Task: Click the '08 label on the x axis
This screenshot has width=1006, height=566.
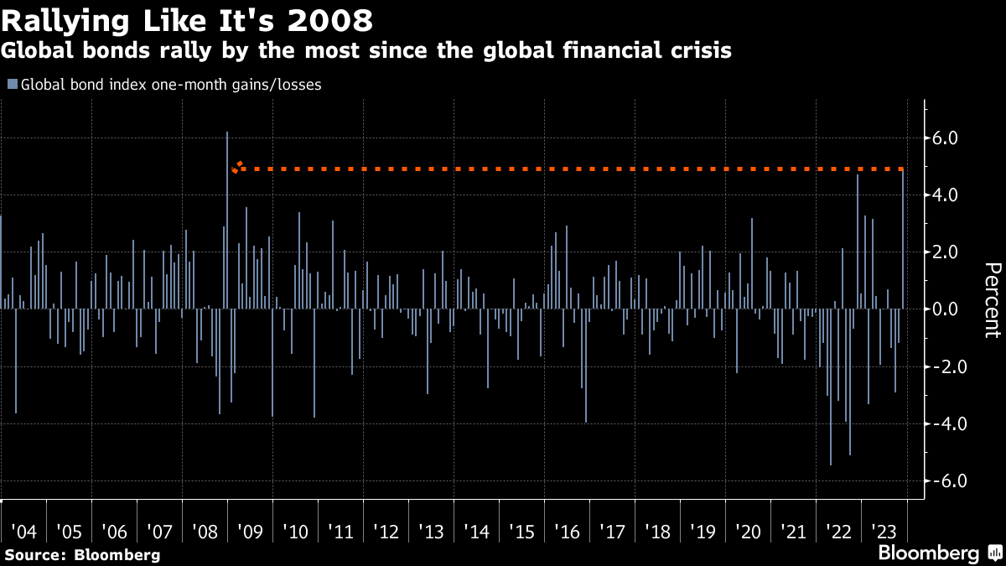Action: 205,532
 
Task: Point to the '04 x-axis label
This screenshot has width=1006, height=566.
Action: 23,532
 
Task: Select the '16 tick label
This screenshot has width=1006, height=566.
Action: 567,532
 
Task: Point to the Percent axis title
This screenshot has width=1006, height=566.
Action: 991,299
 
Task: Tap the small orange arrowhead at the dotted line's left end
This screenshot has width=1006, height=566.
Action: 237,167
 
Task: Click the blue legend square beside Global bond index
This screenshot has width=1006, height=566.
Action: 12,84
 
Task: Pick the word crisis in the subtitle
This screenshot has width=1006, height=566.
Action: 701,50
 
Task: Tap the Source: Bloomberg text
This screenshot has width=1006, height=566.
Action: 82,554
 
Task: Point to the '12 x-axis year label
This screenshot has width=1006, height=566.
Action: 386,532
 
